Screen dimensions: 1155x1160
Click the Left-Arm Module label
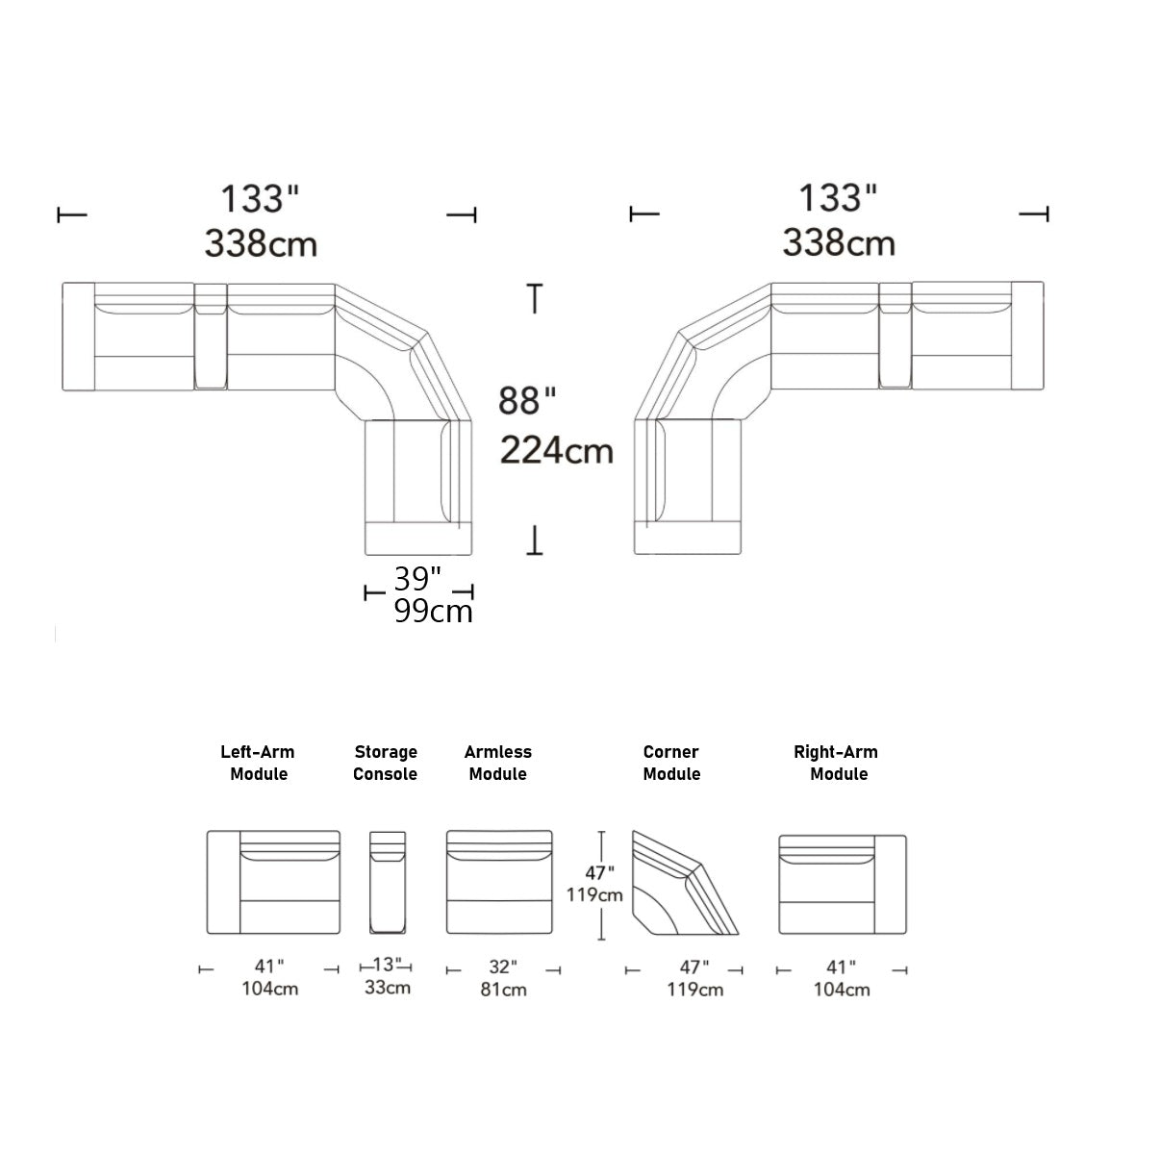point(258,763)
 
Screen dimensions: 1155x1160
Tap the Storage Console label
point(385,763)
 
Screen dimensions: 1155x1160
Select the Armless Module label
point(497,763)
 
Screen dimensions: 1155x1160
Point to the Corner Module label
point(671,763)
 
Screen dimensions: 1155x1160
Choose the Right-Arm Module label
point(837,763)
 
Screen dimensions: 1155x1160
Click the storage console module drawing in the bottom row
point(387,882)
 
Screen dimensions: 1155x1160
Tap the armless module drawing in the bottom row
point(499,882)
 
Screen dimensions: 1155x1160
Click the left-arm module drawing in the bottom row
point(274,882)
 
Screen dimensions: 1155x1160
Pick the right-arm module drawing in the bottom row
point(842,883)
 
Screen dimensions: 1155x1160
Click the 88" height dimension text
point(527,400)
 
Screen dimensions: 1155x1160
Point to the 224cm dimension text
point(557,449)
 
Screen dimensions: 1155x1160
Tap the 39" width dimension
point(417,579)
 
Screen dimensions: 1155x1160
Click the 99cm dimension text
point(433,612)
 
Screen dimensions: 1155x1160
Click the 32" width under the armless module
point(502,967)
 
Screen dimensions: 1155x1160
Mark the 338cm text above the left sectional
point(261,243)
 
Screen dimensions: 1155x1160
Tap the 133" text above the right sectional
point(838,198)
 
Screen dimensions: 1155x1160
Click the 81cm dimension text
point(503,990)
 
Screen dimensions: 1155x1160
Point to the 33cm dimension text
point(388,988)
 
